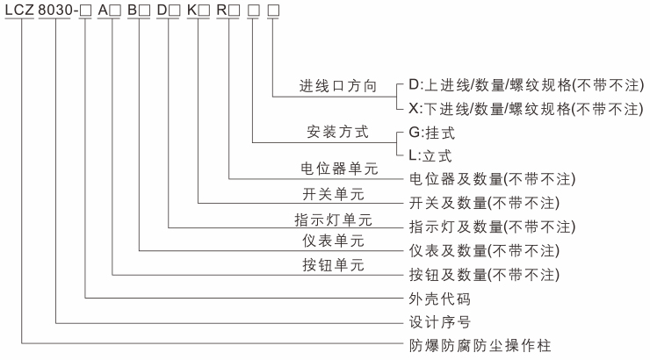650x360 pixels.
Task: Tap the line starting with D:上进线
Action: (526, 86)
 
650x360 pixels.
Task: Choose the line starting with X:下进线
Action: (526, 109)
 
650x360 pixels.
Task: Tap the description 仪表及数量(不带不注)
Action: (484, 251)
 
